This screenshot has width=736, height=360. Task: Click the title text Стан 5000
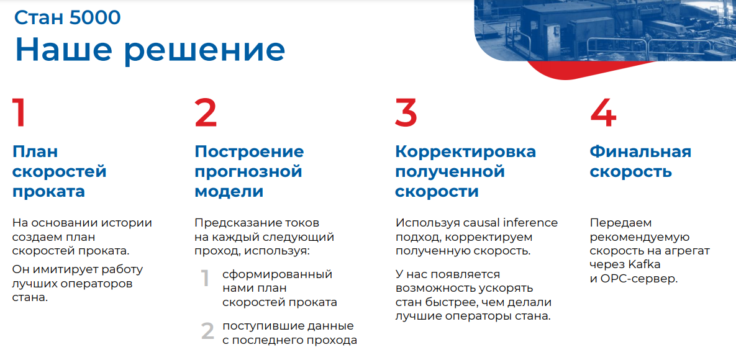pos(68,17)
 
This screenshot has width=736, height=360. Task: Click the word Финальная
pos(640,151)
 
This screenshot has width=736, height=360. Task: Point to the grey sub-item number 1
pos(205,279)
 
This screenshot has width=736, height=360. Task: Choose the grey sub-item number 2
pos(207,331)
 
